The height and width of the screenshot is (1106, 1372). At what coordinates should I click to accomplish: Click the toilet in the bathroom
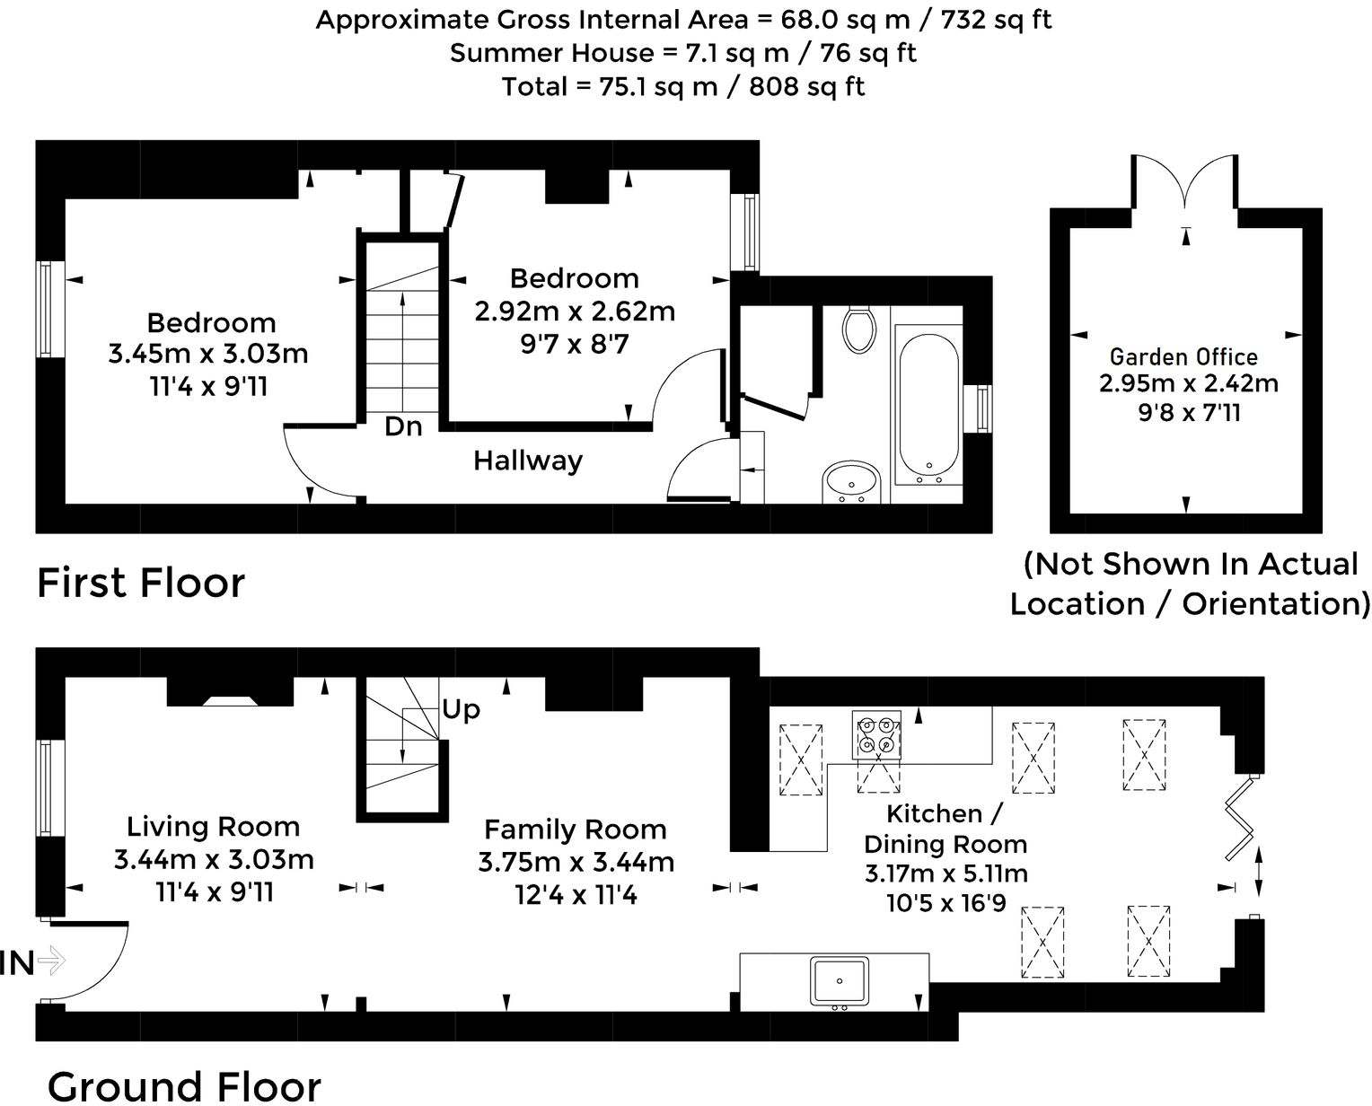tap(858, 329)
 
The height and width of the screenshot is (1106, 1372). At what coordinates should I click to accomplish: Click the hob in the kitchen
tap(876, 735)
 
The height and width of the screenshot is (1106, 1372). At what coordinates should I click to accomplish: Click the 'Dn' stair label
tap(403, 427)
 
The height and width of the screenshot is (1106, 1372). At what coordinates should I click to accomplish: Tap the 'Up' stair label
tap(461, 709)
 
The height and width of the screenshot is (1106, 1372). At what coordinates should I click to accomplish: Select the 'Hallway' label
tap(528, 461)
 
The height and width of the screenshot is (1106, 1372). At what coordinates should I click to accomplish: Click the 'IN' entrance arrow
tap(52, 960)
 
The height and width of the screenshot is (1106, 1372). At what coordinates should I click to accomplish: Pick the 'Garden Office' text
tap(1184, 357)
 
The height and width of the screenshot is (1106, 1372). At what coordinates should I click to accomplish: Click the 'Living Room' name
tap(213, 827)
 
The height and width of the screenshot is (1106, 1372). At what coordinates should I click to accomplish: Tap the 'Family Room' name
tap(575, 830)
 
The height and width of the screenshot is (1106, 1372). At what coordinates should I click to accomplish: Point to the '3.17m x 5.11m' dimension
tap(946, 873)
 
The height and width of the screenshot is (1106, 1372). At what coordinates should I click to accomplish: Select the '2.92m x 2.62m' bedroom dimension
tap(575, 312)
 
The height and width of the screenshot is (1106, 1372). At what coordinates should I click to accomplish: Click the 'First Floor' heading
tap(141, 583)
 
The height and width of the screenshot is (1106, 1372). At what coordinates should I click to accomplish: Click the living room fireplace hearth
tap(230, 700)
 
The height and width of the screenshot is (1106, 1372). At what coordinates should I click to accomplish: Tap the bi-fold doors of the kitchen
tap(1237, 817)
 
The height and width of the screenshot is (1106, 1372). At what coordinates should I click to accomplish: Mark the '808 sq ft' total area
tap(806, 86)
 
